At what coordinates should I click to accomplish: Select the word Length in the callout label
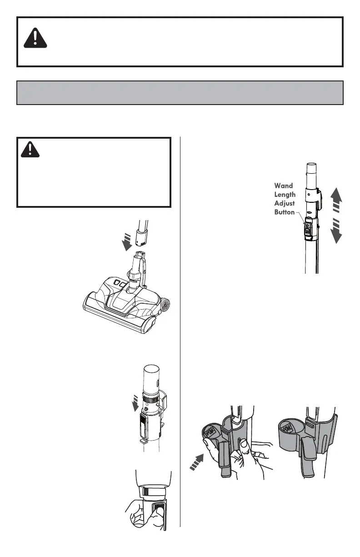click(x=285, y=194)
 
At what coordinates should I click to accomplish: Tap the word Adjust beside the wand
click(x=284, y=203)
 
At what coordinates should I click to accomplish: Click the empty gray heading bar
click(x=180, y=93)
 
